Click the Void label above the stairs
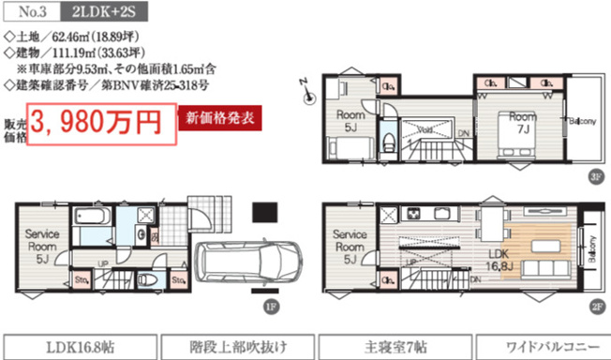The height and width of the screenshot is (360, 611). tap(424, 130)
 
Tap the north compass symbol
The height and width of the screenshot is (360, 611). tap(305, 85)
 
